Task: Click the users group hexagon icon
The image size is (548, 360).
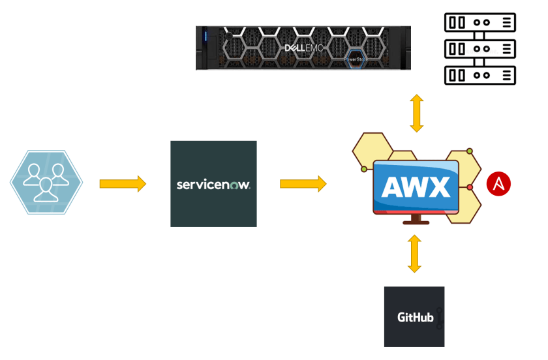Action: [46, 182]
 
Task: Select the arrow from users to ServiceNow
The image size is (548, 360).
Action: [123, 184]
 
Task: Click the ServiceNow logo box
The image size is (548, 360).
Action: [213, 184]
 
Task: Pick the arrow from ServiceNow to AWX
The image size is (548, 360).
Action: [303, 184]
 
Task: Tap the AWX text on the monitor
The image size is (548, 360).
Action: [416, 187]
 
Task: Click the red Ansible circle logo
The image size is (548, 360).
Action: [498, 184]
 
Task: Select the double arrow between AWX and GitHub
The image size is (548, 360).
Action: [414, 254]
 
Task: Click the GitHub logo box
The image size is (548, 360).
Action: [414, 317]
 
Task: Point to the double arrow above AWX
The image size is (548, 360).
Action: [416, 113]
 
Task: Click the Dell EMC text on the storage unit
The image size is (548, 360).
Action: [304, 48]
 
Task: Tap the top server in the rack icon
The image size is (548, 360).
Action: [480, 22]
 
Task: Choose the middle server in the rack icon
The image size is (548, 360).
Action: [480, 49]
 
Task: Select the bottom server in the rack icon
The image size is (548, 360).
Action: [480, 75]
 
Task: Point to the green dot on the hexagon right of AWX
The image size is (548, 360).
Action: [469, 151]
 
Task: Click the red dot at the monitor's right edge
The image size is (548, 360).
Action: [470, 188]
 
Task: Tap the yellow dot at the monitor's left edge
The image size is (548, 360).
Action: [363, 169]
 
